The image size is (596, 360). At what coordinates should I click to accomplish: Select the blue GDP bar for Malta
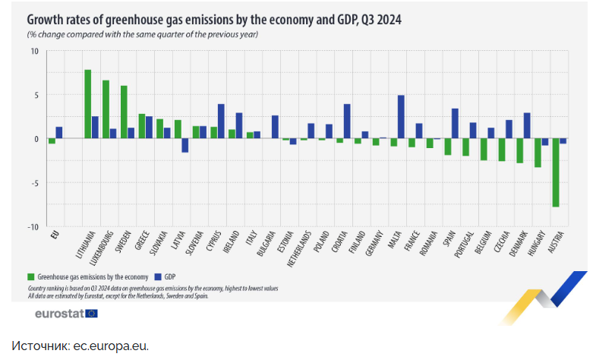point(401,117)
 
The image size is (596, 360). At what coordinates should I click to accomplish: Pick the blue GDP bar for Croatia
point(347,122)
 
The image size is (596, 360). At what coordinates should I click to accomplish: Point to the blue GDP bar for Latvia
point(184,145)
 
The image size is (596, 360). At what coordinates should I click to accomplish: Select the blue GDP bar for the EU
point(59,132)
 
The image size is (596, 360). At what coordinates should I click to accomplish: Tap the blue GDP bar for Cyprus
point(221,122)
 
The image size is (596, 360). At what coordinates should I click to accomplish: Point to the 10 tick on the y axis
point(34,51)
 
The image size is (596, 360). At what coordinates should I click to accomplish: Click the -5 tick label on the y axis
point(34,182)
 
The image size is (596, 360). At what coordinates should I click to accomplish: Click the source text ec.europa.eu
point(110,346)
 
